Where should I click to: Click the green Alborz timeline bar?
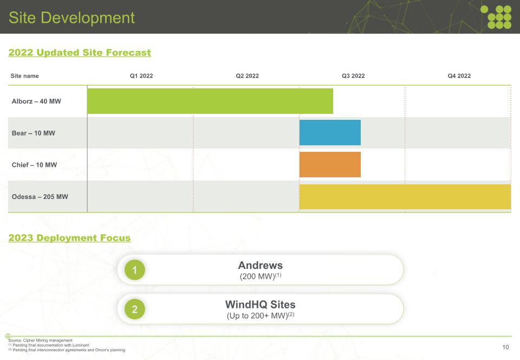pyautogui.click(x=210, y=101)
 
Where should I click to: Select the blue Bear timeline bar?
pyautogui.click(x=330, y=133)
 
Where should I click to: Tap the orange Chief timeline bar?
pyautogui.click(x=330, y=165)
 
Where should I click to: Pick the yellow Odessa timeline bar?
pyautogui.click(x=405, y=197)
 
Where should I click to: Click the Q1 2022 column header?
pyautogui.click(x=141, y=76)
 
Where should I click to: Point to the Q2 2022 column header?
pyautogui.click(x=248, y=76)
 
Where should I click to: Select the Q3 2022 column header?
pyautogui.click(x=353, y=76)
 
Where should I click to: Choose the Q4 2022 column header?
pyautogui.click(x=459, y=76)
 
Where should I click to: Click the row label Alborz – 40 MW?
pyautogui.click(x=36, y=101)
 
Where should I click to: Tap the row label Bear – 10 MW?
pyautogui.click(x=34, y=133)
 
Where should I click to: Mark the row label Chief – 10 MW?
pyautogui.click(x=34, y=165)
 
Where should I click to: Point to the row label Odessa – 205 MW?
pyautogui.click(x=40, y=197)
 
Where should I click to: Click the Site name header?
pyautogui.click(x=25, y=76)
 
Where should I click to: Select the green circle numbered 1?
pyautogui.click(x=135, y=269)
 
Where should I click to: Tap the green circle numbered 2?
pyautogui.click(x=135, y=309)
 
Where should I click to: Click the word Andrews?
pyautogui.click(x=261, y=266)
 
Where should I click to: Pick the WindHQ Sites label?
pyautogui.click(x=261, y=305)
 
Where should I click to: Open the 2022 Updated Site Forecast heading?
pyautogui.click(x=80, y=53)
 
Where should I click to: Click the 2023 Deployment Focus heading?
pyautogui.click(x=69, y=238)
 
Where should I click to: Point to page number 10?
pyautogui.click(x=506, y=348)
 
